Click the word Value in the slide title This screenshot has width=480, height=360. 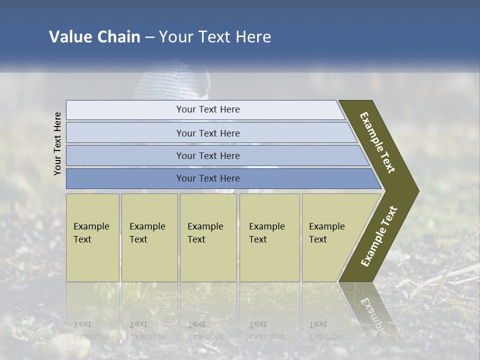point(70,37)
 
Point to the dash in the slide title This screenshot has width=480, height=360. point(149,37)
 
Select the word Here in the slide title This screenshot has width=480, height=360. point(253,37)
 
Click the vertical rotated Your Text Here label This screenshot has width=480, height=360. point(57,143)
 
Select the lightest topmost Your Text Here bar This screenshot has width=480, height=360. point(207,109)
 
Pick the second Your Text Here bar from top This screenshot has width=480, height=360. point(207,133)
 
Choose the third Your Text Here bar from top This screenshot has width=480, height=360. point(207,155)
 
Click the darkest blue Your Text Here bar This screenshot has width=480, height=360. point(207,178)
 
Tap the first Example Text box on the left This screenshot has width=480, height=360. point(92,237)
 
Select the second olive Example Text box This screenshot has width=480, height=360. point(149,237)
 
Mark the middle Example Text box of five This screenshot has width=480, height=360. point(208,237)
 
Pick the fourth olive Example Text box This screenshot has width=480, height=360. point(269,237)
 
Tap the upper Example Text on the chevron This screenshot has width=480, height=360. point(377,142)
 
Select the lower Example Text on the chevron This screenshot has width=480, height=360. point(378,236)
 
